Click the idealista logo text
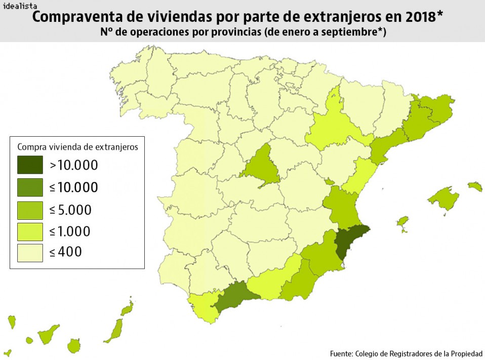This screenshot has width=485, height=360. (20, 7)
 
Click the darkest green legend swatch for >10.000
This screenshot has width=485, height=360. (30, 165)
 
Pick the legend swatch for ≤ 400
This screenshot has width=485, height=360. (30, 252)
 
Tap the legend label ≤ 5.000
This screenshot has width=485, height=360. (70, 210)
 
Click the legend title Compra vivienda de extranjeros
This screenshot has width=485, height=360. (78, 147)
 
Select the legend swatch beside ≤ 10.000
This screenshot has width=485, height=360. (30, 187)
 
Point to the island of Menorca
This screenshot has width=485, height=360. (475, 187)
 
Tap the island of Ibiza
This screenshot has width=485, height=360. (402, 222)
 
